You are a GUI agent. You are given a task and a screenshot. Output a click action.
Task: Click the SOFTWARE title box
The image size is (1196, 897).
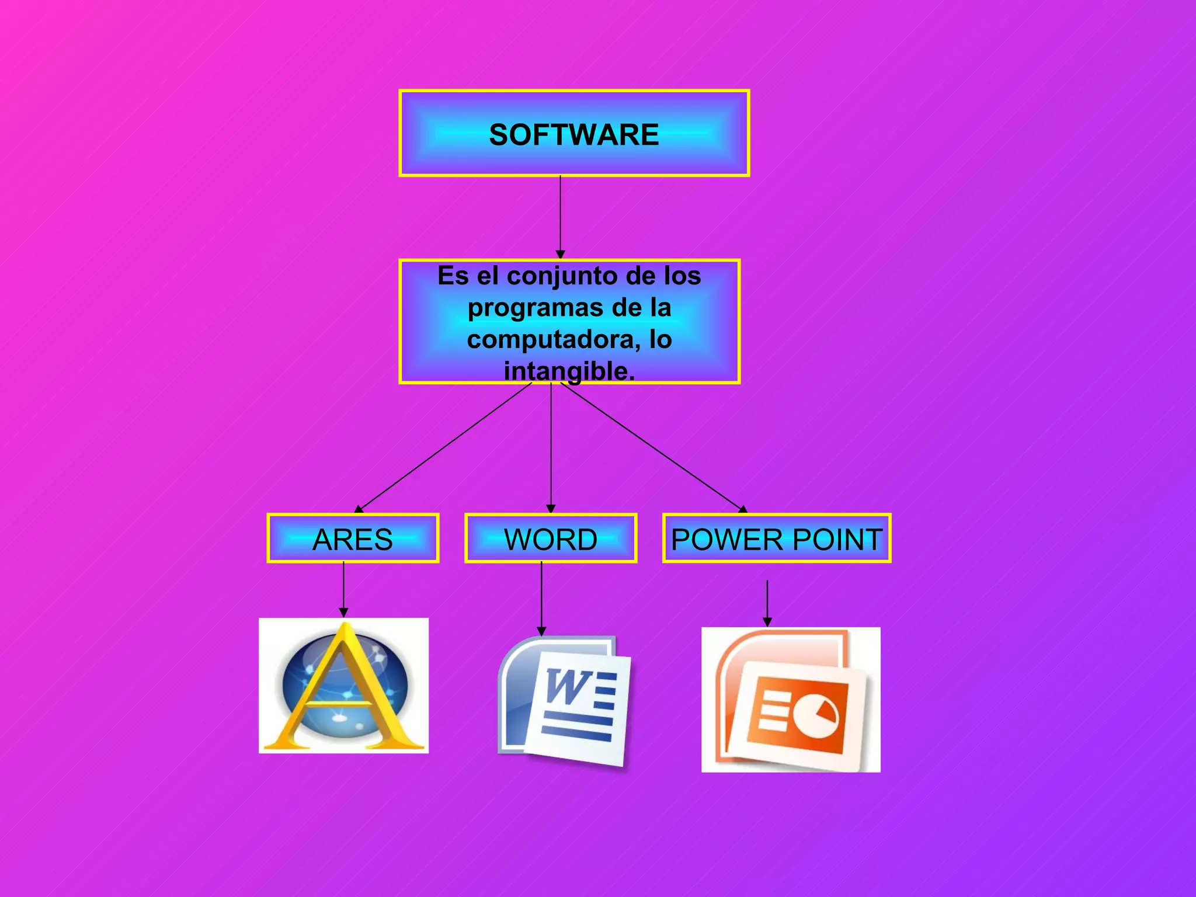[x=574, y=133]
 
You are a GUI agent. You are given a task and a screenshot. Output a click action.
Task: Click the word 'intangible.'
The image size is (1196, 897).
[x=569, y=371]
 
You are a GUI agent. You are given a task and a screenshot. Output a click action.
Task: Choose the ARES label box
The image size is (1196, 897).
[x=353, y=538]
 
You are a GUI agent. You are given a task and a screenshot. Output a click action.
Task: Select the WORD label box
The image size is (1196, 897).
[x=551, y=538]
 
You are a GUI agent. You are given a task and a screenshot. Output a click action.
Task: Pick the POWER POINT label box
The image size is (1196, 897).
[x=777, y=538]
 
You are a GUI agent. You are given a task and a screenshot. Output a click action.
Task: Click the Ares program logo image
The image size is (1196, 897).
[x=343, y=686]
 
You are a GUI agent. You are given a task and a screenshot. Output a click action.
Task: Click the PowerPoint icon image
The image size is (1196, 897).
[x=791, y=700]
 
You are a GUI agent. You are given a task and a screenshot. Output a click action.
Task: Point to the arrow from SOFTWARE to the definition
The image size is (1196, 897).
[x=560, y=216]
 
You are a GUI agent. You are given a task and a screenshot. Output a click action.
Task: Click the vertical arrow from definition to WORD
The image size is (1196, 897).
[x=551, y=447]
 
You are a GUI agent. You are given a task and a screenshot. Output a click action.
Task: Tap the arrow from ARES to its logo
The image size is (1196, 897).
[x=343, y=589]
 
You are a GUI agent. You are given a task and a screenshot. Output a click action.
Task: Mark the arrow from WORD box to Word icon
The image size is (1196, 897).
[x=541, y=599]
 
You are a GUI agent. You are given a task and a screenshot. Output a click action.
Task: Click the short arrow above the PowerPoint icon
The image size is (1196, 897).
[x=767, y=603]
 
